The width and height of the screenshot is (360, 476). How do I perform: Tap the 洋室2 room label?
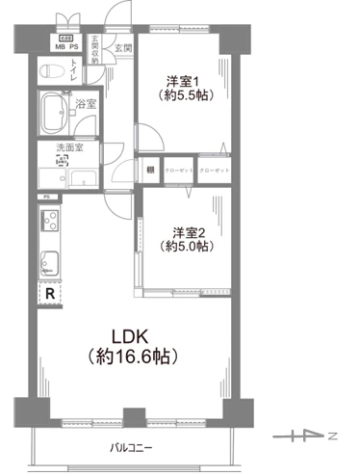[x=188, y=232]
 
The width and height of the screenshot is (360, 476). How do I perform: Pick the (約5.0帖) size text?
[x=188, y=248]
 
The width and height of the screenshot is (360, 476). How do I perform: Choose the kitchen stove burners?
[x=50, y=224]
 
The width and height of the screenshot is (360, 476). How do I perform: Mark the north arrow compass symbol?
[x=303, y=436]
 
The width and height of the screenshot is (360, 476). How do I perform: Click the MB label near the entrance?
[x=60, y=46]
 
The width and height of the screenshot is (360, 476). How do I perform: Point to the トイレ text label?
[x=74, y=70]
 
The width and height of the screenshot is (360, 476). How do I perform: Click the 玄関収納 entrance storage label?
[x=94, y=49]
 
